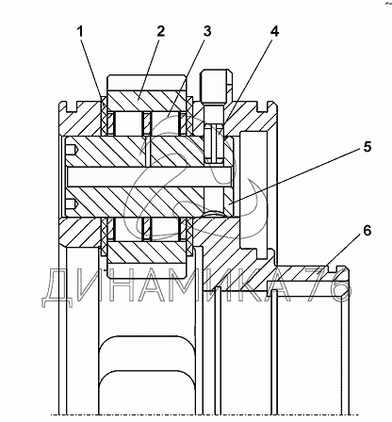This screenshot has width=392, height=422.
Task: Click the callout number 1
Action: [81, 32]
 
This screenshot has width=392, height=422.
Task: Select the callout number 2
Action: [160, 31]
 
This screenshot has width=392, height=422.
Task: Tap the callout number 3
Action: [207, 31]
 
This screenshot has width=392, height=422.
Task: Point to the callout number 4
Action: [274, 31]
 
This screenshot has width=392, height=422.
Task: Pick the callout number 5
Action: [367, 147]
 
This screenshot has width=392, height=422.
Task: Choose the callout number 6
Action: [367, 231]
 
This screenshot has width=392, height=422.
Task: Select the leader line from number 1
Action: [92, 68]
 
